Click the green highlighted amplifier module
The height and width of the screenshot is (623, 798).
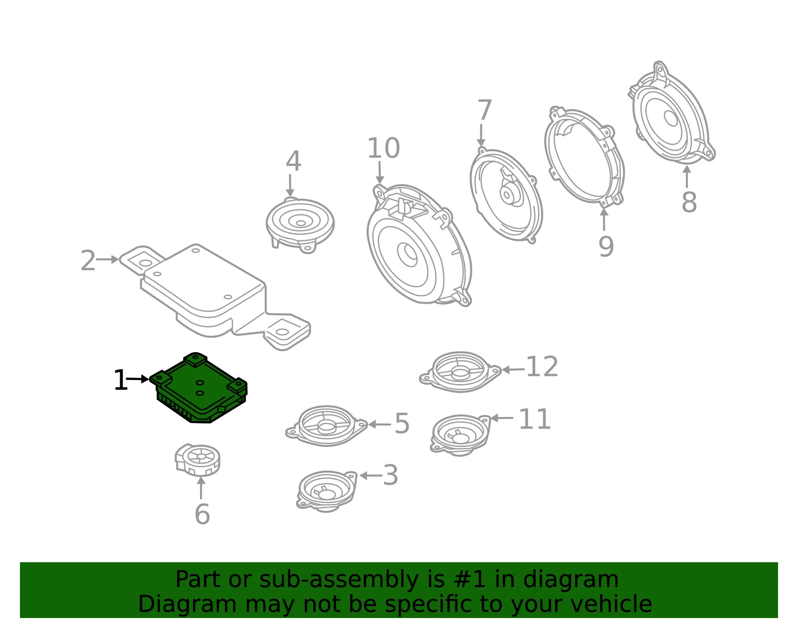click(x=199, y=389)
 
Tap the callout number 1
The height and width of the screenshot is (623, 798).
click(x=121, y=380)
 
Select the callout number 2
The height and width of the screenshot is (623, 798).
click(x=88, y=260)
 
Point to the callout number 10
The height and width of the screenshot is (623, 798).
click(x=384, y=148)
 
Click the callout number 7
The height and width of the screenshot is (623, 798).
click(x=484, y=109)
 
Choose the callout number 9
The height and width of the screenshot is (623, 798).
click(x=606, y=246)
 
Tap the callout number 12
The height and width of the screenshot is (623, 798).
click(x=542, y=366)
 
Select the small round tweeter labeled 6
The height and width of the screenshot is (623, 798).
click(x=197, y=459)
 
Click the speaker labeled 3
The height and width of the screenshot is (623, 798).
click(x=327, y=491)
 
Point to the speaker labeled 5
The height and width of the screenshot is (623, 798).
click(x=327, y=426)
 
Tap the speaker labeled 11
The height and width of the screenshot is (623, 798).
click(x=460, y=435)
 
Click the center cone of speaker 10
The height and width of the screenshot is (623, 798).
click(x=407, y=254)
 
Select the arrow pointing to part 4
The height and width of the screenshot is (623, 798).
click(x=290, y=186)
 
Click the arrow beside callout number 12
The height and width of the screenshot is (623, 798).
click(x=513, y=369)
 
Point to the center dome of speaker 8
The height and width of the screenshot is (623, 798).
click(x=670, y=118)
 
